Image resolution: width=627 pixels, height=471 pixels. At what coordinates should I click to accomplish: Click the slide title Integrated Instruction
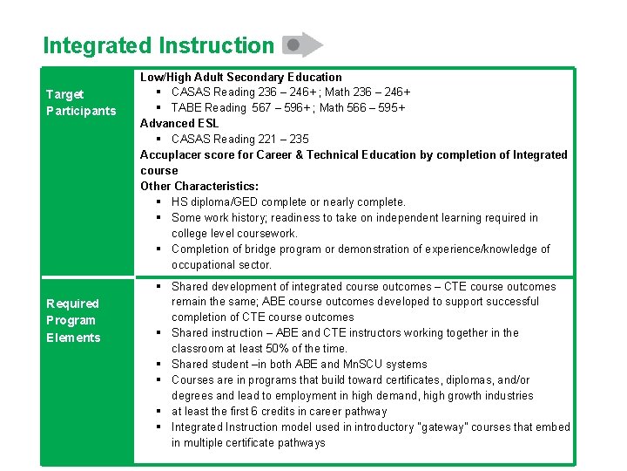158,45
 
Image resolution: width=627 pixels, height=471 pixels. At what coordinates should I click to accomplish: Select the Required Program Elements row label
73,320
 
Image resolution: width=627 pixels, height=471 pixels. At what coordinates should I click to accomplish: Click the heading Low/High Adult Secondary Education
241,77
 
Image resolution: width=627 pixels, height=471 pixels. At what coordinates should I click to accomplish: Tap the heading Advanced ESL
179,123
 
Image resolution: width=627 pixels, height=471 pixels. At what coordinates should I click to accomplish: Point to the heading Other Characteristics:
199,186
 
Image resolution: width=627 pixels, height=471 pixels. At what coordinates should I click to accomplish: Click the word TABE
187,107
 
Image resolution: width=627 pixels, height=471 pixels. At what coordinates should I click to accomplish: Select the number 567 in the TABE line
261,107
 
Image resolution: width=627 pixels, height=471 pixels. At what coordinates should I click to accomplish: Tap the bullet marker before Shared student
160,364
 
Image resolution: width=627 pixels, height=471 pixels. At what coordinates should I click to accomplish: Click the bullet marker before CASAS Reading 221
160,139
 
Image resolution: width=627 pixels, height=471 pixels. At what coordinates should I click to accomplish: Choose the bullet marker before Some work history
160,217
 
